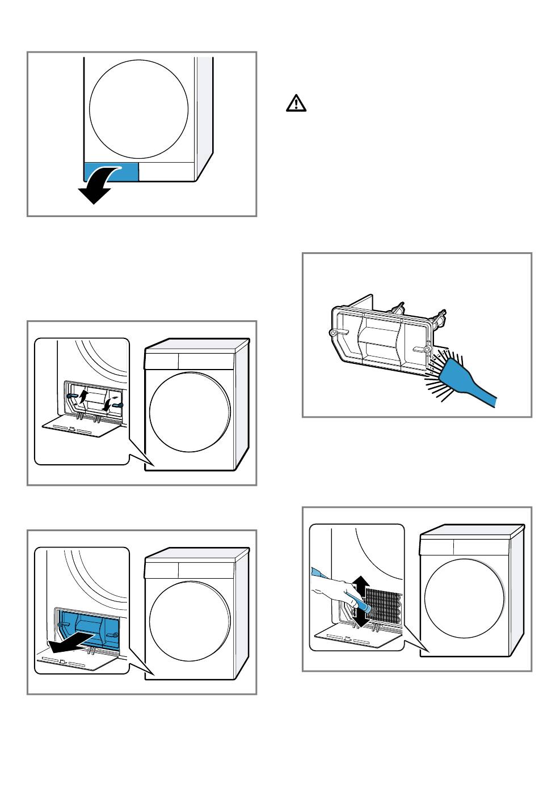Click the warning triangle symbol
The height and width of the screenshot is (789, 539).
pyautogui.click(x=295, y=103)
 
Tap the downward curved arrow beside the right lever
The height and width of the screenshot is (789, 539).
pyautogui.click(x=107, y=403)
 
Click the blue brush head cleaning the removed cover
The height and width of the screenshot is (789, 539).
pyautogui.click(x=454, y=375)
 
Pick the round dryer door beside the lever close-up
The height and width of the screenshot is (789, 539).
pyautogui.click(x=190, y=412)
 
